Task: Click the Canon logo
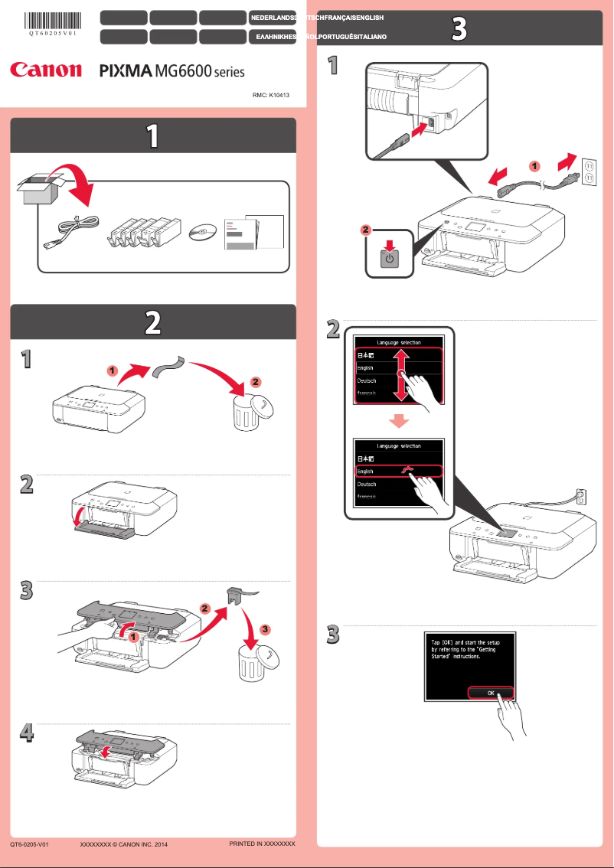(x=45, y=70)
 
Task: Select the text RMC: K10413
(x=273, y=97)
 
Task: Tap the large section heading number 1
(x=152, y=136)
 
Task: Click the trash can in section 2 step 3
(x=252, y=662)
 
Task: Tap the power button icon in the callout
(x=390, y=259)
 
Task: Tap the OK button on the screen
(x=490, y=693)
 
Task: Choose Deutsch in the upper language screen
(x=368, y=380)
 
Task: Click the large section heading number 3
(x=459, y=29)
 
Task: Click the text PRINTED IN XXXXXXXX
(x=262, y=844)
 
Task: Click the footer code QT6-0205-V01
(x=30, y=844)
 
